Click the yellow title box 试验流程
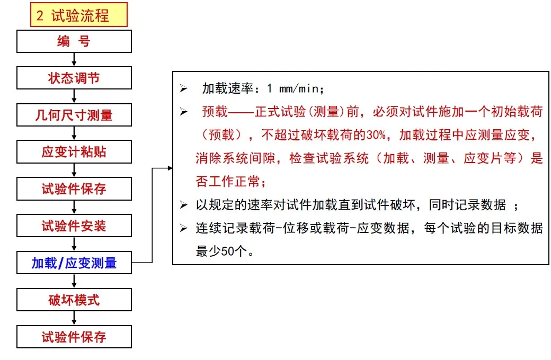[x=79, y=15]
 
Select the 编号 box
[x=74, y=41]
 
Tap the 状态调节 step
[x=74, y=78]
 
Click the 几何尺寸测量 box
[x=74, y=115]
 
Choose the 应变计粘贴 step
[x=74, y=152]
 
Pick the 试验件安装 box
[x=74, y=226]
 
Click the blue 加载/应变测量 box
[x=74, y=263]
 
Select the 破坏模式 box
[x=74, y=300]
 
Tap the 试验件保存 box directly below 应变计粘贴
[x=74, y=189]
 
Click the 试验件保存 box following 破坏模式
[x=74, y=337]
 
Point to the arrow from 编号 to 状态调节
[x=74, y=60]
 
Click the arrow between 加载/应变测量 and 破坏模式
[x=74, y=281]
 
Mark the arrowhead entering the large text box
[x=170, y=168]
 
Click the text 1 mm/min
[x=295, y=88]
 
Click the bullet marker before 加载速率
[x=183, y=88]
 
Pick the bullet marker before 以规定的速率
[x=183, y=205]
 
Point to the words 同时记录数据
[x=467, y=205]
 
